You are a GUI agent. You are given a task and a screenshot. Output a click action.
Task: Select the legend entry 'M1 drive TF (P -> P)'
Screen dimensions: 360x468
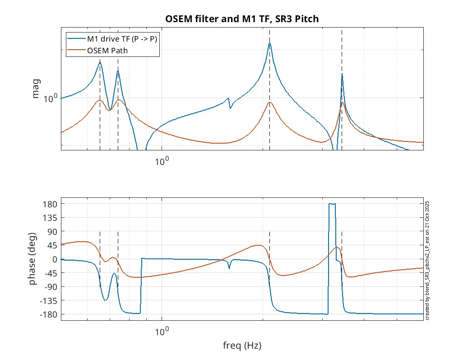click(122, 39)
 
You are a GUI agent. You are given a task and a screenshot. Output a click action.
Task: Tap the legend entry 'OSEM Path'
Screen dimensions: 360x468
click(107, 50)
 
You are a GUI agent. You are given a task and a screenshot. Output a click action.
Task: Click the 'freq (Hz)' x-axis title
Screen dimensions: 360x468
click(242, 346)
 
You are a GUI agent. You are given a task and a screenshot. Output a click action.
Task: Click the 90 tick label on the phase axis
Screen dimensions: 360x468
click(51, 232)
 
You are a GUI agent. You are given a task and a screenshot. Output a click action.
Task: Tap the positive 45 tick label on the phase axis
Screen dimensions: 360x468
click(51, 245)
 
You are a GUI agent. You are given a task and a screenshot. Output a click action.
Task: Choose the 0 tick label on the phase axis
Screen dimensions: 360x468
click(54, 259)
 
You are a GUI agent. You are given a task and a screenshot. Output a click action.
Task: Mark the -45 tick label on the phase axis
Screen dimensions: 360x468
click(50, 273)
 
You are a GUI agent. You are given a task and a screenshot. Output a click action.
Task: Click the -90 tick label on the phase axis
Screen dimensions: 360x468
click(50, 287)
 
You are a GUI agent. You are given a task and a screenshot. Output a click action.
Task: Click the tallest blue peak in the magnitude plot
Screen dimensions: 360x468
click(269, 43)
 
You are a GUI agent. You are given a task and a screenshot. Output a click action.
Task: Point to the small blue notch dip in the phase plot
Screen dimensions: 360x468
click(229, 268)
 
